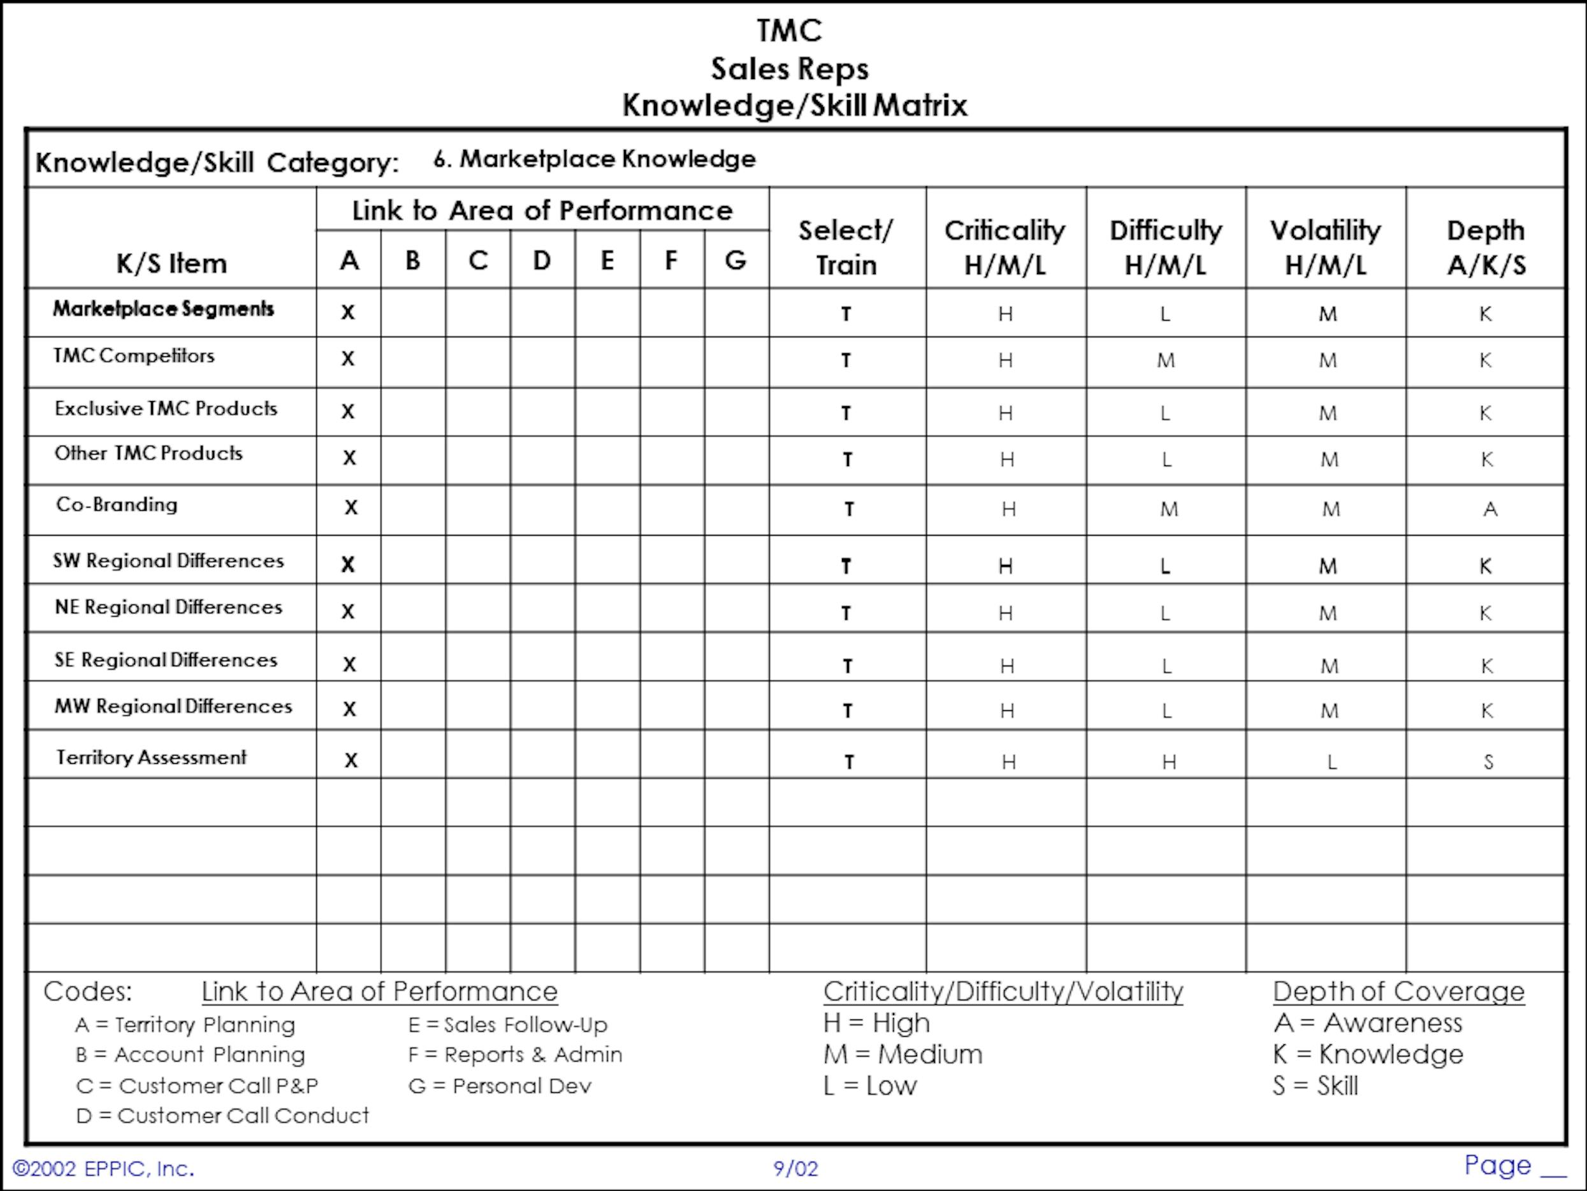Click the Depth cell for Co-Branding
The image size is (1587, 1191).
(x=1490, y=509)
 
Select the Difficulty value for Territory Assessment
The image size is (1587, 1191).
(x=1169, y=762)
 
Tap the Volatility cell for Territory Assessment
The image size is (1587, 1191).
(x=1331, y=762)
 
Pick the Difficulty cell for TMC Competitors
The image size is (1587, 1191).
(x=1166, y=360)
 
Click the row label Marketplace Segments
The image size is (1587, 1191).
(x=164, y=309)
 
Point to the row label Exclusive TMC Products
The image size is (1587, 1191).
(x=166, y=409)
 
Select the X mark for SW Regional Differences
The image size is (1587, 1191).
(x=348, y=565)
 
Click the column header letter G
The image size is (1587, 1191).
(x=736, y=260)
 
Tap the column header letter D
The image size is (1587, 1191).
(x=542, y=260)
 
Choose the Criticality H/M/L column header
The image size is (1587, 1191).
(x=1005, y=247)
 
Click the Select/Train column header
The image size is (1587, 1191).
(x=846, y=247)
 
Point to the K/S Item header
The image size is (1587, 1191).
(x=171, y=263)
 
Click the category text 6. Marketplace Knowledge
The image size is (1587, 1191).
(x=594, y=159)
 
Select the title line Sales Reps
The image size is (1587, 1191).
(x=789, y=69)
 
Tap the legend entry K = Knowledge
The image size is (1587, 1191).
(x=1368, y=1054)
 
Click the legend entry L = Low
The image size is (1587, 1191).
(x=869, y=1085)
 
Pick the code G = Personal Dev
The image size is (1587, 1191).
(x=500, y=1085)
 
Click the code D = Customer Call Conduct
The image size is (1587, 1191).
(x=222, y=1116)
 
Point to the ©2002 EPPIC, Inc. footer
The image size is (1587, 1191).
(x=103, y=1169)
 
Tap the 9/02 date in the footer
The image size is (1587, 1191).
(x=795, y=1169)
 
